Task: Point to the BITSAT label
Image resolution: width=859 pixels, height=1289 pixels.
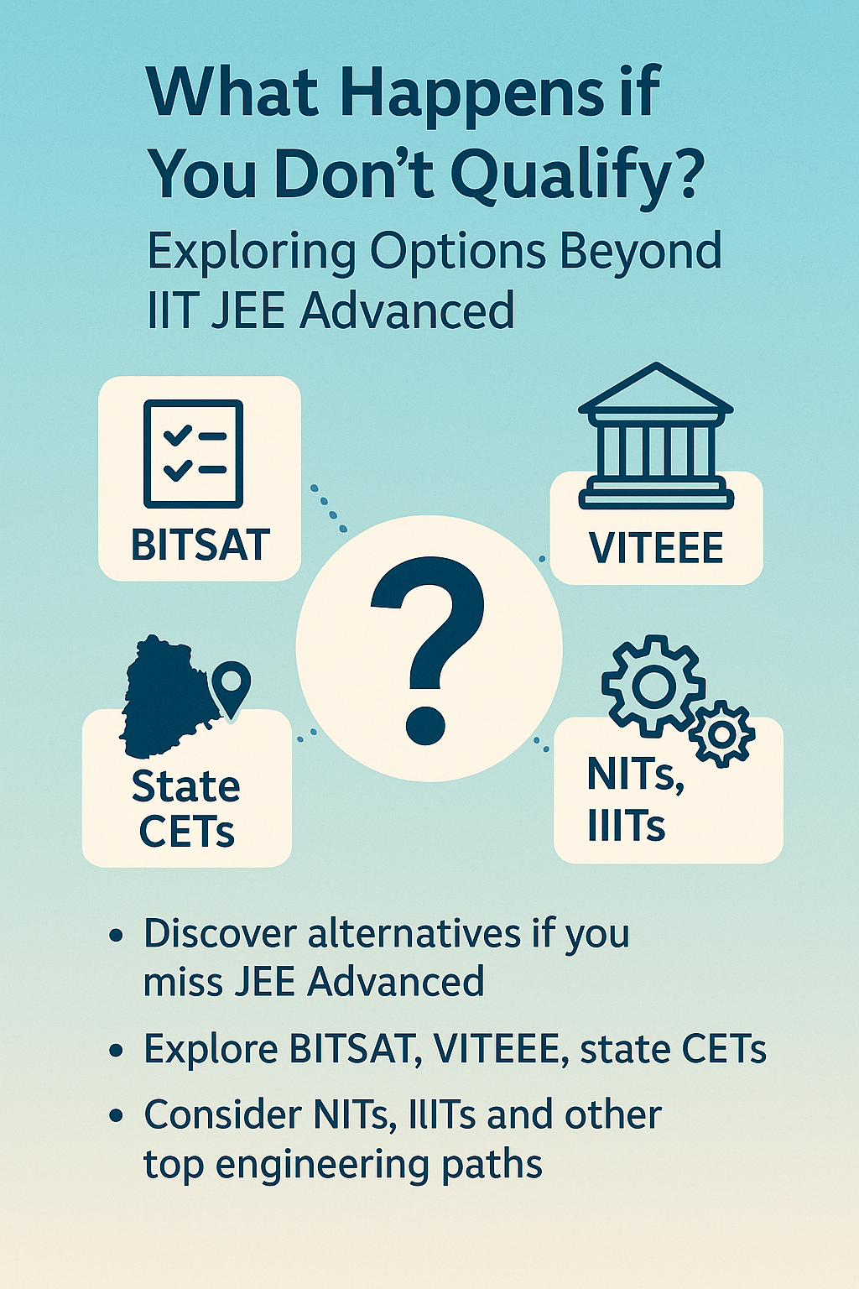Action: click(x=200, y=545)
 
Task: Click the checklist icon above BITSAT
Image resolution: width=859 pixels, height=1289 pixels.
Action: click(x=194, y=453)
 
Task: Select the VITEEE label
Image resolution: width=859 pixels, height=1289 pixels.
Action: click(x=656, y=549)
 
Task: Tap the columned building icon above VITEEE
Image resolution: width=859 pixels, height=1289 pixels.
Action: click(x=656, y=436)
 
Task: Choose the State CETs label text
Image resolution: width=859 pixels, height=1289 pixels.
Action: click(x=186, y=808)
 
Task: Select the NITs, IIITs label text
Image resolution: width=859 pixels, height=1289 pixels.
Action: click(x=634, y=799)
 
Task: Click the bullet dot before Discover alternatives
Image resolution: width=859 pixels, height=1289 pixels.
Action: click(x=117, y=936)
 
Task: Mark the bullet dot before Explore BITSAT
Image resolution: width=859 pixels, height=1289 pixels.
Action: click(x=117, y=1051)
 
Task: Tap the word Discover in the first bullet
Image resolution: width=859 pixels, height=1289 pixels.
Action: click(x=221, y=933)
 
